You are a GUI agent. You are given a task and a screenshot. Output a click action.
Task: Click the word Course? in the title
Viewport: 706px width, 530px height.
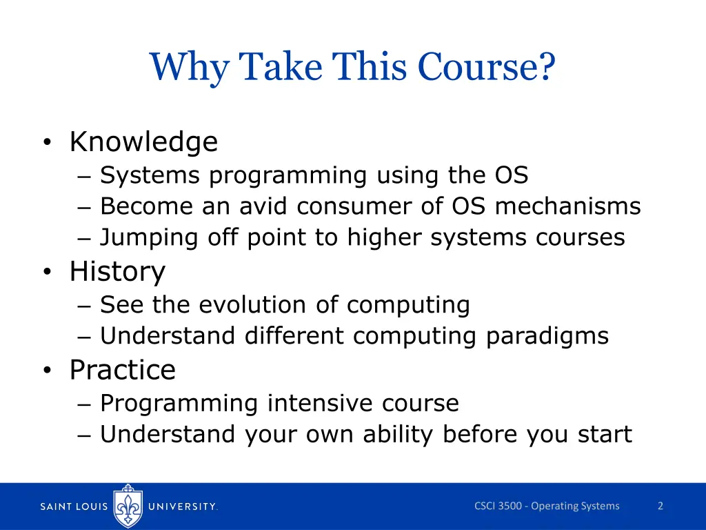(486, 68)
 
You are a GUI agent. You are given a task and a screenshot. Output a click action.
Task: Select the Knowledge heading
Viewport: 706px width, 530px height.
(143, 142)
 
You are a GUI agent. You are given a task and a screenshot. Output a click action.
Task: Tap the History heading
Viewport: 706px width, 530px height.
(117, 272)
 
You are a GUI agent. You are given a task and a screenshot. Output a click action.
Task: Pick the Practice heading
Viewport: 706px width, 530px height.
(122, 371)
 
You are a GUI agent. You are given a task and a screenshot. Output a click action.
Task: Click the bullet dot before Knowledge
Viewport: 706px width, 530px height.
(46, 144)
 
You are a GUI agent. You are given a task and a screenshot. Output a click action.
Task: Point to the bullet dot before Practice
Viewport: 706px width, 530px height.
(46, 371)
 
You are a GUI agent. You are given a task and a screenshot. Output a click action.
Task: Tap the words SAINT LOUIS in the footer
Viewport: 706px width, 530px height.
(74, 507)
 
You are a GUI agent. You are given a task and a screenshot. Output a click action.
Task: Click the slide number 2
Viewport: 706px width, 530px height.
(660, 506)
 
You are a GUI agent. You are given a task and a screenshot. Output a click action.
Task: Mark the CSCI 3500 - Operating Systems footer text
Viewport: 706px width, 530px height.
(547, 506)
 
